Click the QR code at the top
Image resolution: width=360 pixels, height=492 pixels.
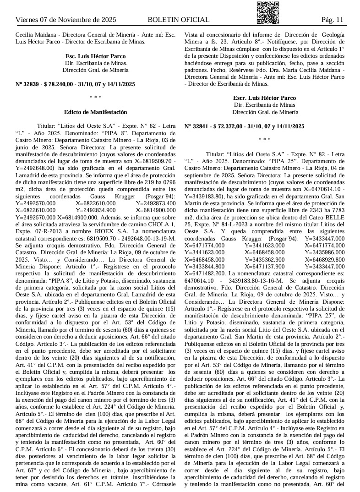[268, 12]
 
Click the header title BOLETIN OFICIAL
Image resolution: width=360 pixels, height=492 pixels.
[179, 20]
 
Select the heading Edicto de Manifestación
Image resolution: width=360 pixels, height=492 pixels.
[96, 112]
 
